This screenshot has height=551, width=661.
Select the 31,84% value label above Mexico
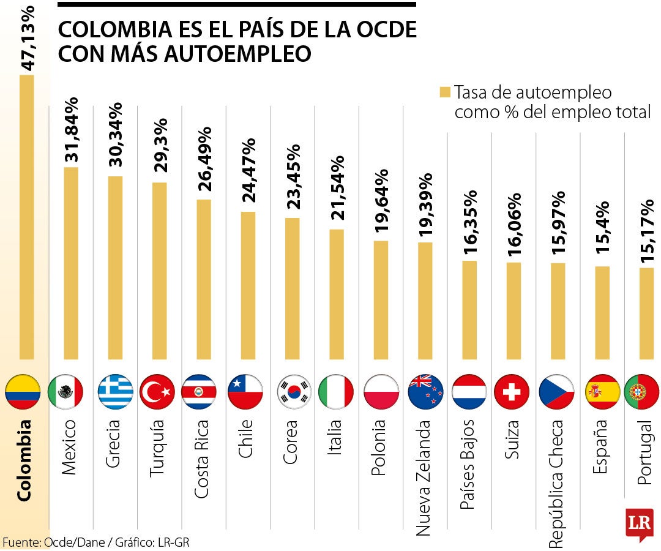72,129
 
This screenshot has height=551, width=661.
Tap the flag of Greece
116,392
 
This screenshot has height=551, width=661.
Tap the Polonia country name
379,448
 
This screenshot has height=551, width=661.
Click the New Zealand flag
425,392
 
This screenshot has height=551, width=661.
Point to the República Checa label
556,484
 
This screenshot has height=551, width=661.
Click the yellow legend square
445,92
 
